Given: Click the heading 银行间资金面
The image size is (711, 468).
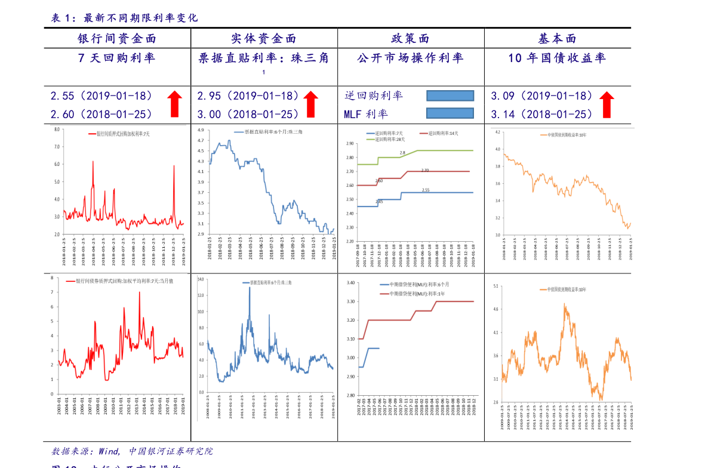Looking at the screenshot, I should click(117, 39).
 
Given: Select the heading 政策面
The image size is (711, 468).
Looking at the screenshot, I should click(410, 39).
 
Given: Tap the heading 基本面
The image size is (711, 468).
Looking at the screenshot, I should click(557, 39).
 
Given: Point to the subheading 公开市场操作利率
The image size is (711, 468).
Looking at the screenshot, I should click(410, 58).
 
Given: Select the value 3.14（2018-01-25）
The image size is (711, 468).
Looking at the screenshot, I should click(541, 113).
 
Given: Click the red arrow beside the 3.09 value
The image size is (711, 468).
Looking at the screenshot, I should click(607, 104).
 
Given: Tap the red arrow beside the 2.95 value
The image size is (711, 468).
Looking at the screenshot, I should click(310, 104).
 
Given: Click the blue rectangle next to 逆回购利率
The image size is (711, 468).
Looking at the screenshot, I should click(450, 96).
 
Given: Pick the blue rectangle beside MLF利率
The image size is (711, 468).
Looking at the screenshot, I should click(450, 113).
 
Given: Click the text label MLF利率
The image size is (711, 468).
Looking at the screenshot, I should click(365, 113).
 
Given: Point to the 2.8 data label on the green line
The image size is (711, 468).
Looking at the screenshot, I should click(402, 153).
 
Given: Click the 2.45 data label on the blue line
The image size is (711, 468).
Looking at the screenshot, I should click(379, 202).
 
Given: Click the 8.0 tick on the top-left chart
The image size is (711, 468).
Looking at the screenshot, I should click(57, 129).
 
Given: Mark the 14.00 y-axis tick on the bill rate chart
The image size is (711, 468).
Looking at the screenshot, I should click(201, 279).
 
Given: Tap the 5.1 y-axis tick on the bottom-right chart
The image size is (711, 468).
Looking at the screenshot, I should click(495, 287).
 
